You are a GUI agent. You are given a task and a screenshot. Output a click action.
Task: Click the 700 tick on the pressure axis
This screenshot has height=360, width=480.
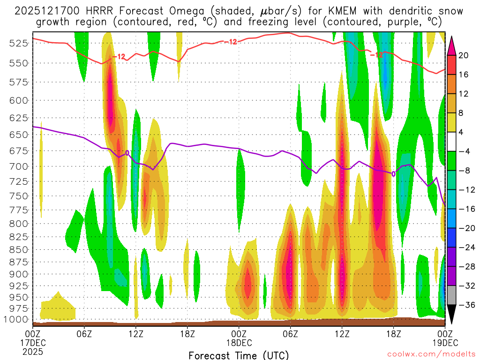[19, 166]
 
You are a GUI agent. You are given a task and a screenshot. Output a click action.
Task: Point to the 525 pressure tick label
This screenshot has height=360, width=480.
[19, 43]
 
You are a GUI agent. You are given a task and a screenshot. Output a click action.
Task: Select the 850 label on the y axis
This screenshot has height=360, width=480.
[19, 249]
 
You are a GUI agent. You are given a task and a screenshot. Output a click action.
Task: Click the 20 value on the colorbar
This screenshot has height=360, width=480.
[464, 55]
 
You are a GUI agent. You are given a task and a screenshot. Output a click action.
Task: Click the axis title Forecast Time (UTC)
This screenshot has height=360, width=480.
[239, 355]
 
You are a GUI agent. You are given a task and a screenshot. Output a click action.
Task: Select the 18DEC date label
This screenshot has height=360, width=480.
[239, 342]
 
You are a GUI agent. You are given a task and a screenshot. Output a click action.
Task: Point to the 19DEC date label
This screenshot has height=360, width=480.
[444, 342]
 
